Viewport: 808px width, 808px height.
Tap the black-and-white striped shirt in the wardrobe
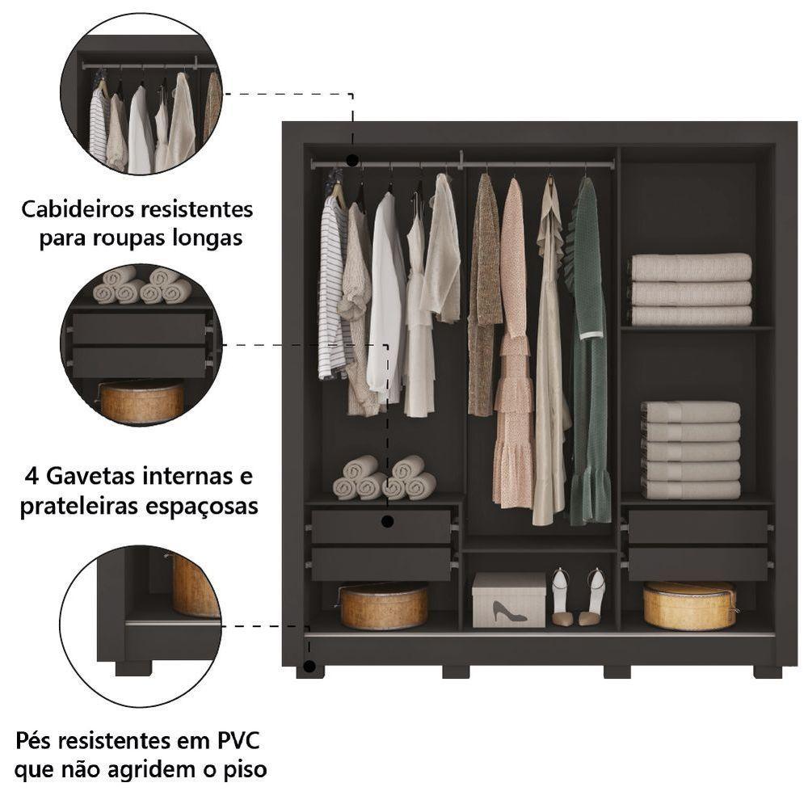[x=330, y=291]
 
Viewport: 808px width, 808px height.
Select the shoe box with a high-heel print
[x=508, y=600]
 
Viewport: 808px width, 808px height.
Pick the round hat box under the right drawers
[x=689, y=605]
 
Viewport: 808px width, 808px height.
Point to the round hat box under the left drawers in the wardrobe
[x=384, y=606]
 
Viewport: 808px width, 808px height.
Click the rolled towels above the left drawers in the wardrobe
[x=385, y=478]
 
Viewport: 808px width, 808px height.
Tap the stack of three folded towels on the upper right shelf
[x=691, y=289]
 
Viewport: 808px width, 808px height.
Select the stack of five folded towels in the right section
[x=691, y=450]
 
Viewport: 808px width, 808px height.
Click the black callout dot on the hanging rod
[x=352, y=161]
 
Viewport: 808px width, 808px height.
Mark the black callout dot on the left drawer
[x=387, y=521]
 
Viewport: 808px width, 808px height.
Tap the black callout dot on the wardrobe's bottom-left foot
[x=308, y=668]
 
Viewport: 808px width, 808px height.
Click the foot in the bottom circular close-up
[x=133, y=668]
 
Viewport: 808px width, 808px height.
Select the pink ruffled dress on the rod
[x=513, y=347]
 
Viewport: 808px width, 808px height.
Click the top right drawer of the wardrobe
[x=697, y=526]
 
